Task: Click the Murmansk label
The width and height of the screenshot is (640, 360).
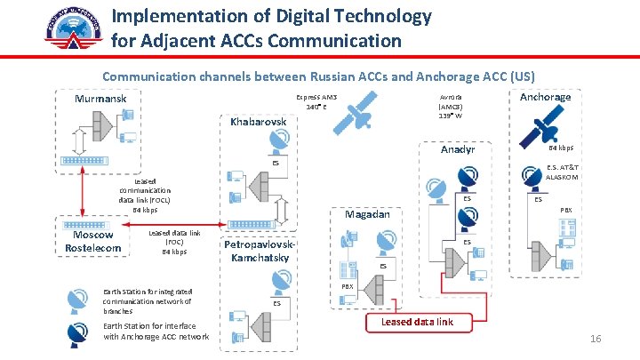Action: point(100,99)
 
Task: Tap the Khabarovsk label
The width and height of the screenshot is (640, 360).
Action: point(259,121)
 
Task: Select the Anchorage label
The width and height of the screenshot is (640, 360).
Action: point(545,97)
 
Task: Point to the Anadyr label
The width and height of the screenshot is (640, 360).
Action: point(458,150)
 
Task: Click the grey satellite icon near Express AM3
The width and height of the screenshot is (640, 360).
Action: point(359,115)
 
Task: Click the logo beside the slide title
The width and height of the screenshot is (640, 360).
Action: point(73,28)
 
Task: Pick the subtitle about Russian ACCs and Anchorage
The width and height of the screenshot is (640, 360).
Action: point(318,76)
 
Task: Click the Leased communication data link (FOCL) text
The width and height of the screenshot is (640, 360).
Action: point(144,196)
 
